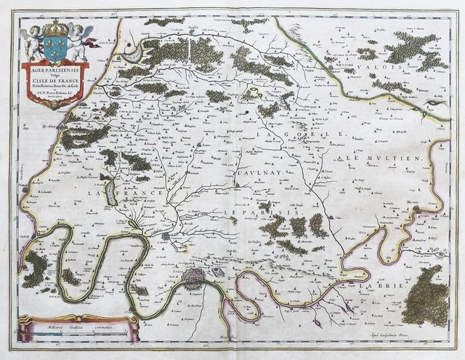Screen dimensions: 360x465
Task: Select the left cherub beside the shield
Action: [x=33, y=42]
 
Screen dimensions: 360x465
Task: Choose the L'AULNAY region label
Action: [x=256, y=174]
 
